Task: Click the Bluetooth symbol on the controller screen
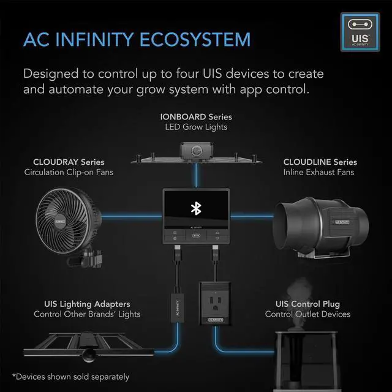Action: [196, 209]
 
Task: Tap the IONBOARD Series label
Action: [196, 116]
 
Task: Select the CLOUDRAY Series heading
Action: [69, 162]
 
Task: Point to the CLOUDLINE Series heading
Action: [320, 162]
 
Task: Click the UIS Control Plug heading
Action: [307, 304]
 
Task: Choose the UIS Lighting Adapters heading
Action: [87, 304]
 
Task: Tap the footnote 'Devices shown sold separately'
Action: [70, 376]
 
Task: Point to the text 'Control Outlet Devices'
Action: [307, 314]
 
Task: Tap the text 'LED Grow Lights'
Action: [196, 127]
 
